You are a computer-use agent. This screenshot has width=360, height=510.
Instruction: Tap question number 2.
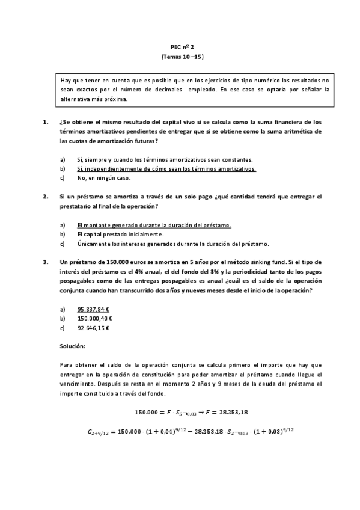(x=46, y=197)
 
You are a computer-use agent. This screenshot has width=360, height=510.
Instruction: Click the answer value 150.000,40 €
(x=95, y=319)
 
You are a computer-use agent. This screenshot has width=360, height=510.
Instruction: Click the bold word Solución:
(x=73, y=347)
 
